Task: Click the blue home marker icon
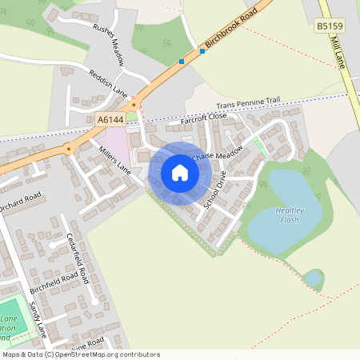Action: tap(180, 173)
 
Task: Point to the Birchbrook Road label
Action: tap(235, 31)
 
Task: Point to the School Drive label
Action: tap(215, 190)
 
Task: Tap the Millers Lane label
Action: tap(113, 159)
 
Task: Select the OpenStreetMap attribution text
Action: tap(80, 354)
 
